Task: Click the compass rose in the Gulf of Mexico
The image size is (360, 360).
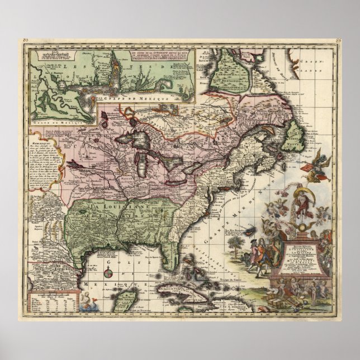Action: (110, 274)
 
